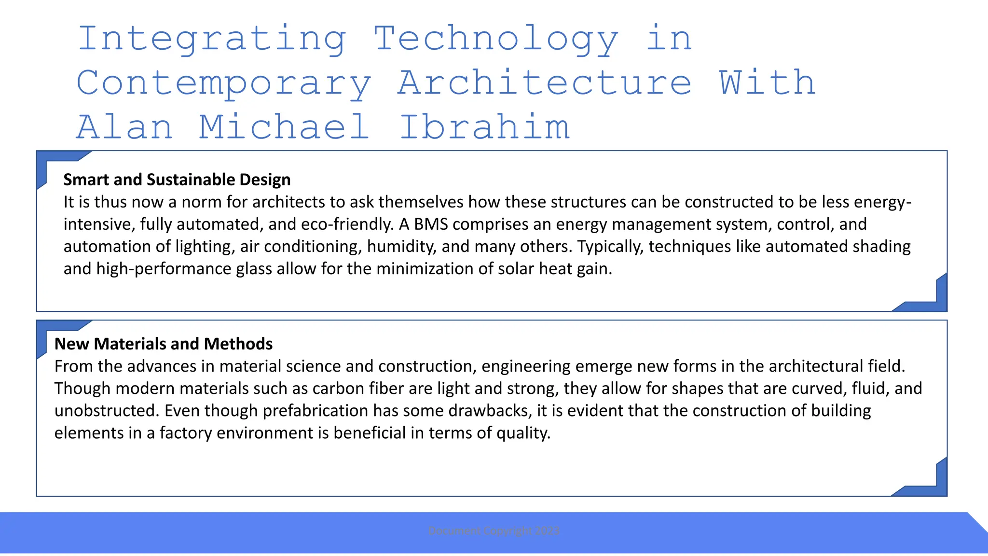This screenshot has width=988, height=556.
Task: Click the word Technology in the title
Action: click(496, 39)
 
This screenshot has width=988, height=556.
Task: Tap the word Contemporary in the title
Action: click(224, 83)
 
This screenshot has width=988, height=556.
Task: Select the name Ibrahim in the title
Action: click(484, 127)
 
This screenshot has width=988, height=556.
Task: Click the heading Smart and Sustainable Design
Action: click(177, 180)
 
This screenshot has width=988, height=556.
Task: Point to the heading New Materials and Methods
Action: click(164, 344)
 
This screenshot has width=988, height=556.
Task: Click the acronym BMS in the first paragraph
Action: click(431, 224)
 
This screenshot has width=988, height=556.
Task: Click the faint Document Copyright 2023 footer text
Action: click(494, 531)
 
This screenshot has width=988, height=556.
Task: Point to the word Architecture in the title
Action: click(545, 83)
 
